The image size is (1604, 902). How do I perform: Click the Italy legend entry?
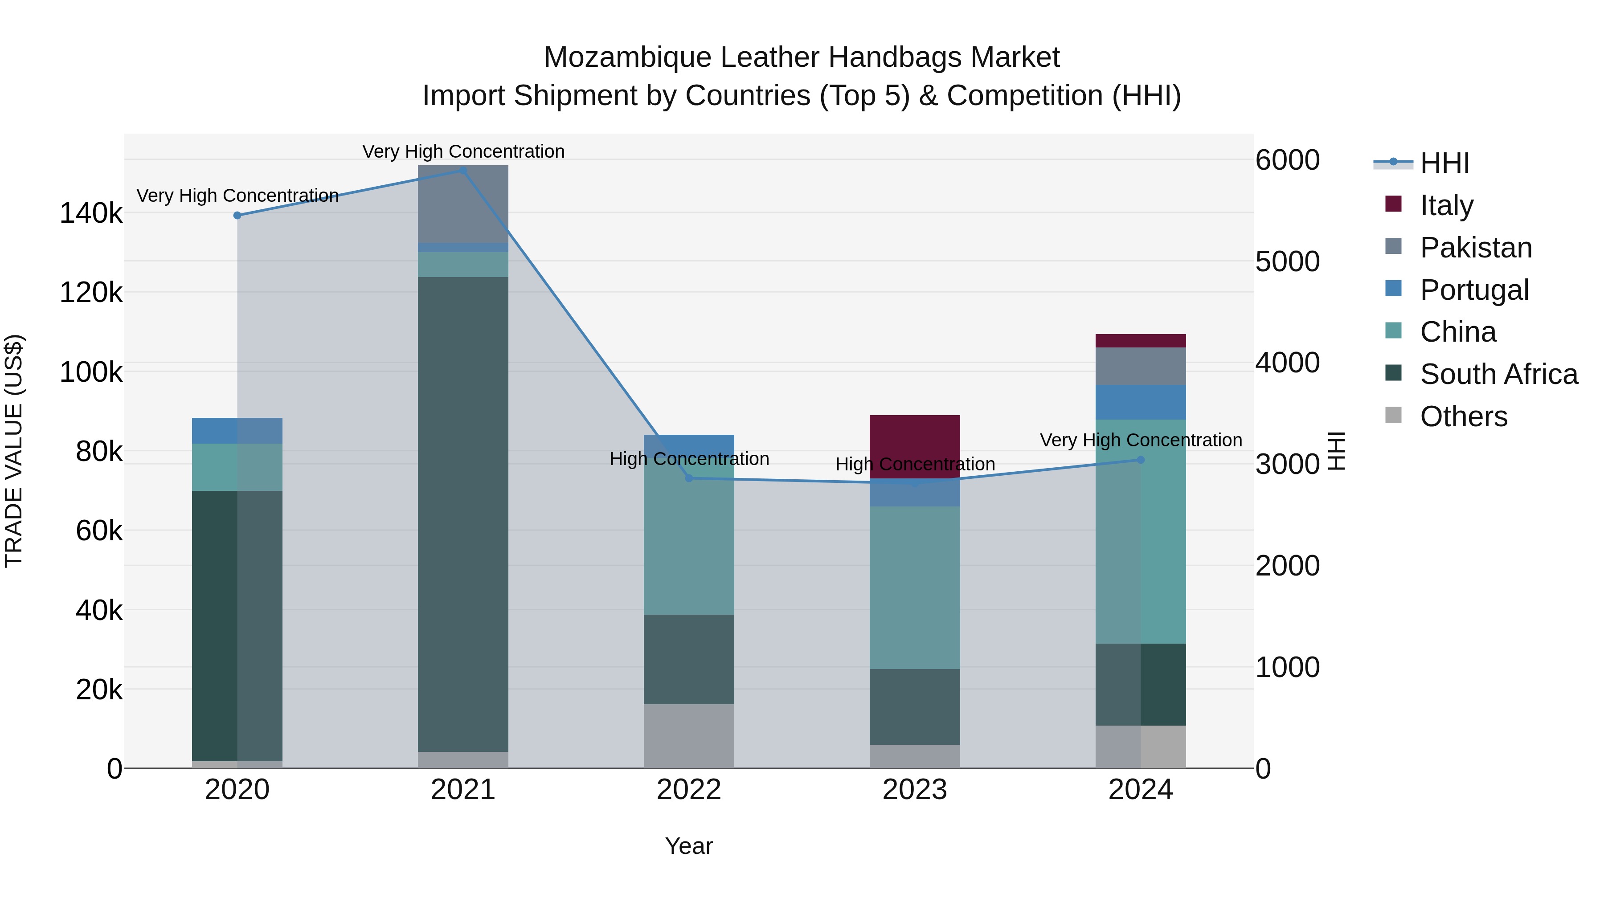coord(1446,205)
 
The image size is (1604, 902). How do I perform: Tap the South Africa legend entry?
coord(1498,374)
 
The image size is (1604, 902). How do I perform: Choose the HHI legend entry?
coord(1444,163)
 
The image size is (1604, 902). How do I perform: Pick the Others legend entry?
coord(1463,416)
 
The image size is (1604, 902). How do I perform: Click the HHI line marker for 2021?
coord(462,171)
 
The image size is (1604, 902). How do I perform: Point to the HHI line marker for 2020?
coord(237,216)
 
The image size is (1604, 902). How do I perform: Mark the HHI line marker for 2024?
coord(1141,460)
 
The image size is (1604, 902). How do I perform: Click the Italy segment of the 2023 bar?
coord(915,446)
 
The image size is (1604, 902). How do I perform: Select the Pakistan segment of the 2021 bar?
coord(462,204)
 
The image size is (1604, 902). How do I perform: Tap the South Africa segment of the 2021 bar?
coord(462,514)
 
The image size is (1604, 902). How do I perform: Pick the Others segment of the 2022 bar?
coord(689,736)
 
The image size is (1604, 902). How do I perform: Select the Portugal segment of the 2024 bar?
coord(1141,402)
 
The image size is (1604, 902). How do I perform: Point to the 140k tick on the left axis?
coord(91,213)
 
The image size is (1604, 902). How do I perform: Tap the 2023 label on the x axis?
coord(915,790)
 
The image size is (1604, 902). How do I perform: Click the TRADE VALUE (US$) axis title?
coord(14,451)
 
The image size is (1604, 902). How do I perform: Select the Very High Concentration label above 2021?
coord(463,151)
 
